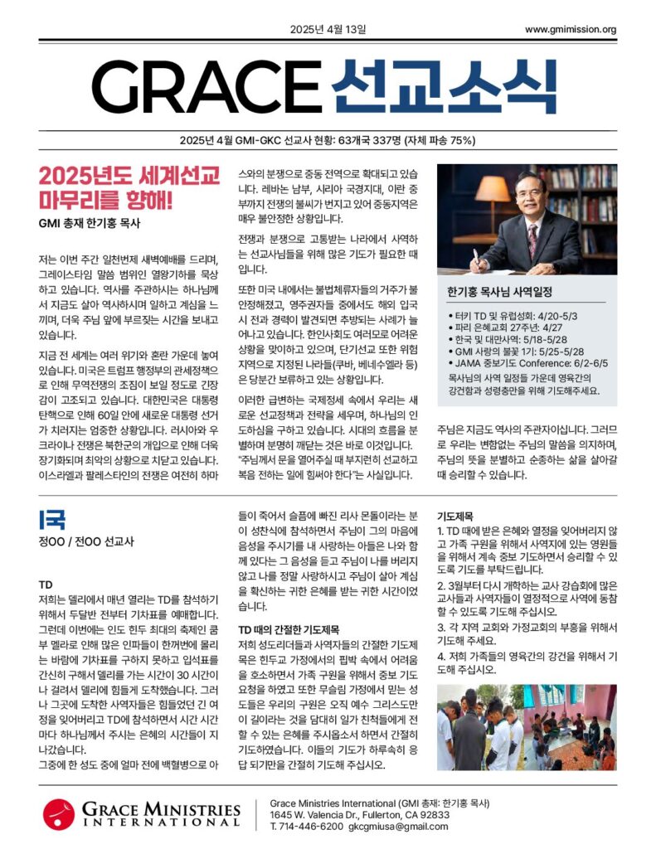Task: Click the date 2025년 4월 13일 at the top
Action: click(328, 31)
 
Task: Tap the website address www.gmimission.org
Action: click(571, 31)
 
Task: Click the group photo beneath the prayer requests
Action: click(526, 727)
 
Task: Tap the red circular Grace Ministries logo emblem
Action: click(59, 814)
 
